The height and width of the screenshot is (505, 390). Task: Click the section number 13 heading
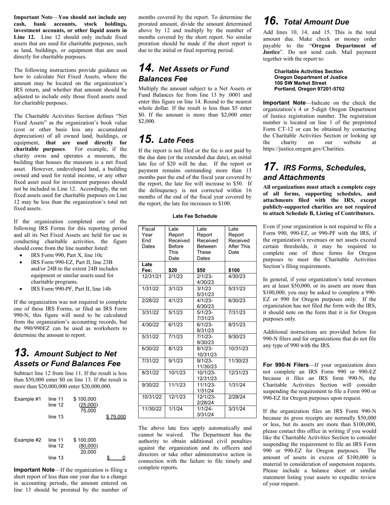coord(21,353)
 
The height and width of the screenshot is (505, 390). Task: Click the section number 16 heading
coord(271,21)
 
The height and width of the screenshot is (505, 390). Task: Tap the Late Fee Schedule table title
coord(195,216)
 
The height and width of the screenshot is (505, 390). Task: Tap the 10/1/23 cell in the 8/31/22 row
coord(177,373)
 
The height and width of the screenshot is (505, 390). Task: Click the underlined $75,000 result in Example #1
coord(116,417)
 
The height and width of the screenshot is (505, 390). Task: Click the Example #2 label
coord(28,440)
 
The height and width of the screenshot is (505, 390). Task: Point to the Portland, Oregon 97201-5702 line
coord(309,89)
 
